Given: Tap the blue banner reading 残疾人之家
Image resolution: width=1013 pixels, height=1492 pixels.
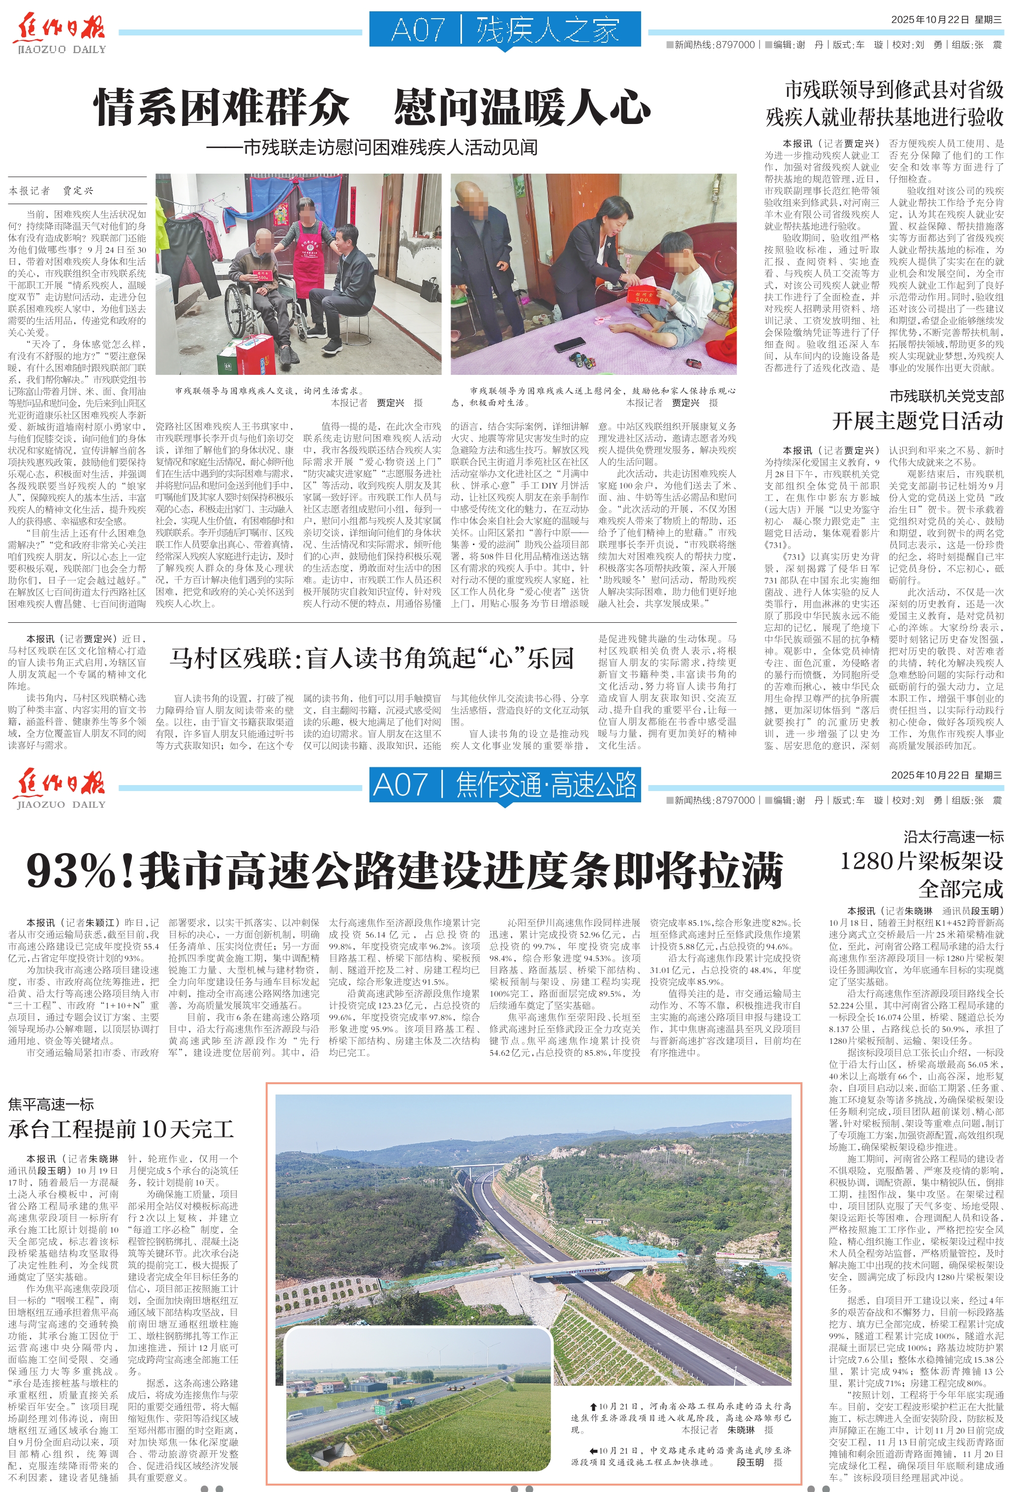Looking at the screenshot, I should tap(505, 30).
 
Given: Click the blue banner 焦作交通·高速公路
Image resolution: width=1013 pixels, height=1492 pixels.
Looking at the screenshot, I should tap(505, 785).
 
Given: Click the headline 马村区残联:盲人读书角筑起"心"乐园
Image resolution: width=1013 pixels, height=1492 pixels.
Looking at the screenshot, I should tap(372, 658).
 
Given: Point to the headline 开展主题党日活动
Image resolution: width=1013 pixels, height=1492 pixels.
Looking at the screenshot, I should tap(918, 421).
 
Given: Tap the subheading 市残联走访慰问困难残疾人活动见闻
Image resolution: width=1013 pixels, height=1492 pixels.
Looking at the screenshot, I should tap(372, 148).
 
